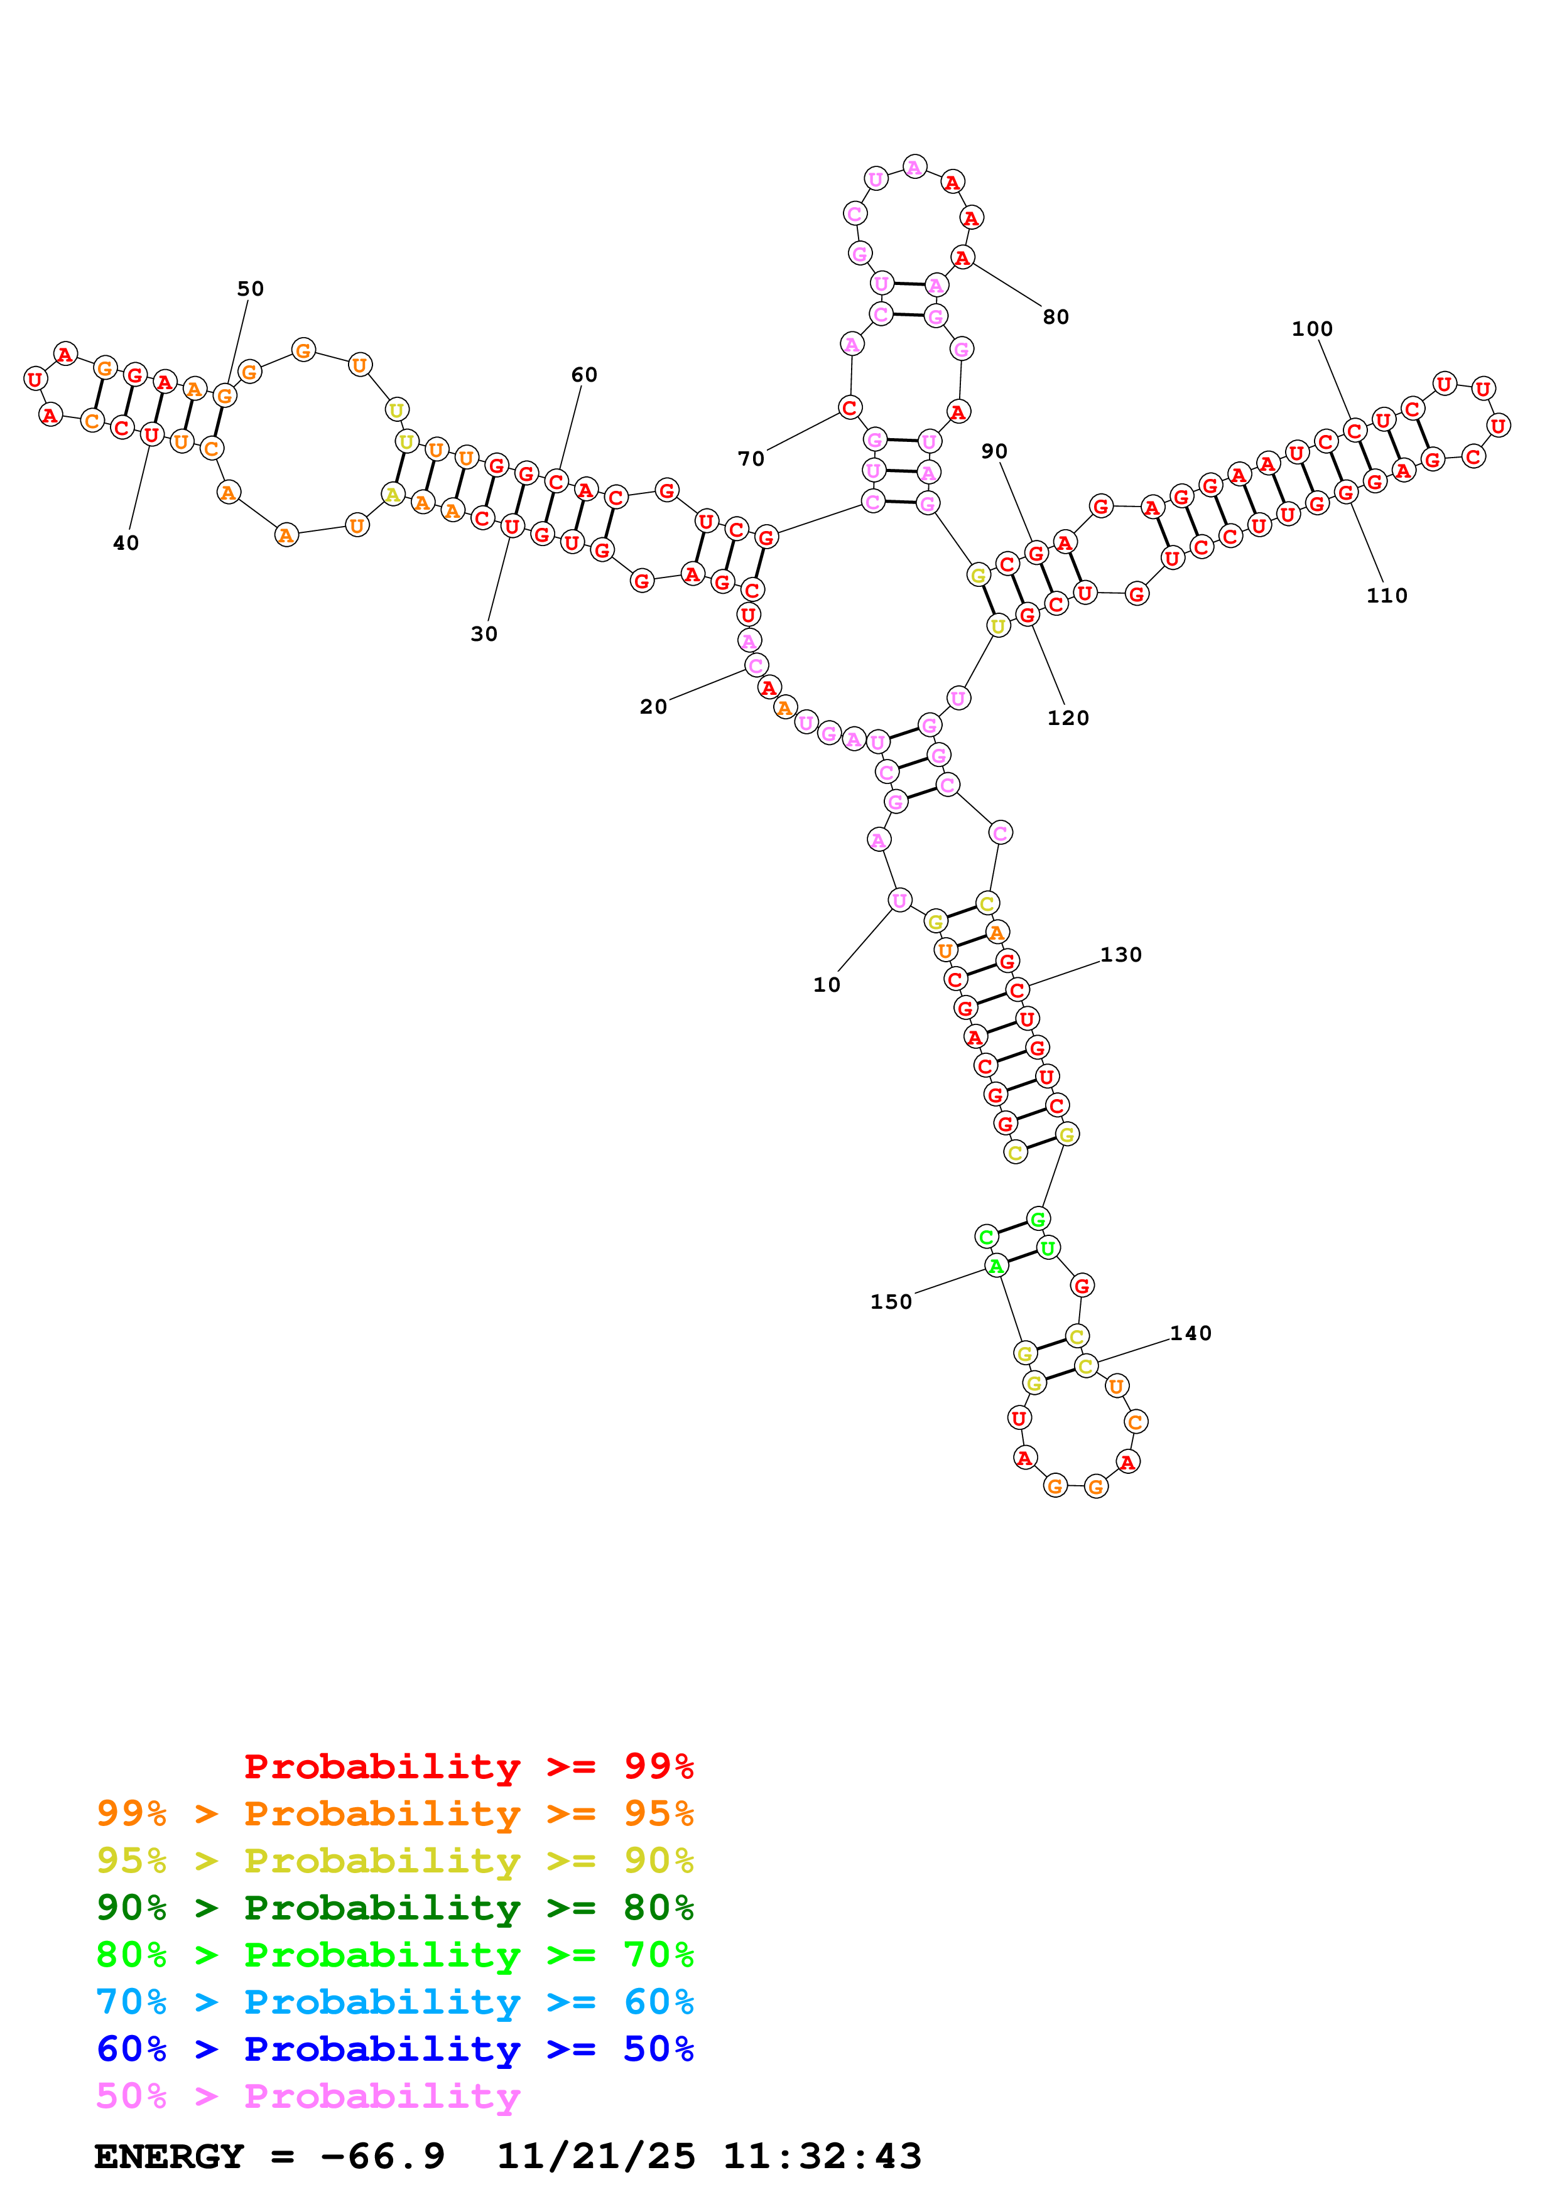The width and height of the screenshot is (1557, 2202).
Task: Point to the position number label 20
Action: pyautogui.click(x=653, y=707)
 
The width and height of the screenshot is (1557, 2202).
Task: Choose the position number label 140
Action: pyautogui.click(x=1191, y=1333)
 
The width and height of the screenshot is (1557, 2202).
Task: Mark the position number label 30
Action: pyautogui.click(x=484, y=634)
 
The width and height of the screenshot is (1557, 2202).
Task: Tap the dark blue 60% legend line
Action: pyautogui.click(x=394, y=2049)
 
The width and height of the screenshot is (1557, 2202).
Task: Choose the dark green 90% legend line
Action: pyautogui.click(x=394, y=1908)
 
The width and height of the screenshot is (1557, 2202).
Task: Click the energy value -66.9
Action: pyautogui.click(x=382, y=2156)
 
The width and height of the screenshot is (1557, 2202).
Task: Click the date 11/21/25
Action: pyautogui.click(x=596, y=2156)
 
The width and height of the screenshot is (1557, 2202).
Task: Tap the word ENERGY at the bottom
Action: pyautogui.click(x=169, y=2156)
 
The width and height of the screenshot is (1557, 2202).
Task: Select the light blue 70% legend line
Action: pyautogui.click(x=394, y=2002)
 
